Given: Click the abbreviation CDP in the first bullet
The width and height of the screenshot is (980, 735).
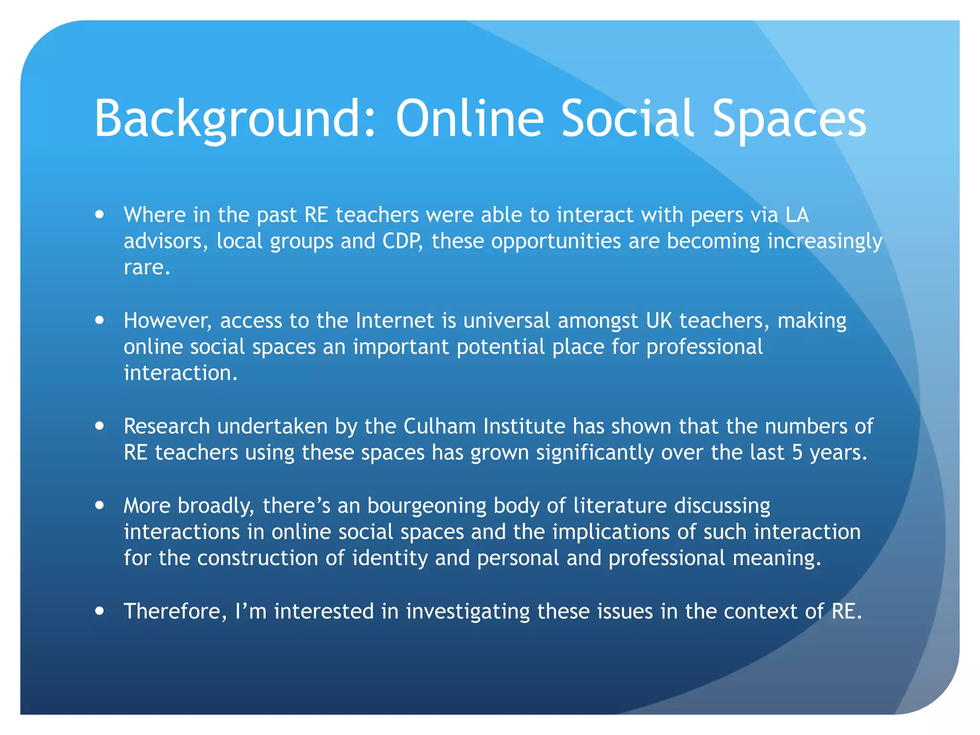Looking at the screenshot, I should pos(402,241).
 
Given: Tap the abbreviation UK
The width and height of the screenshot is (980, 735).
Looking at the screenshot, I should pos(659,321).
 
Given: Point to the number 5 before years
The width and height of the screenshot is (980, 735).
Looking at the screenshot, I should pos(797,453).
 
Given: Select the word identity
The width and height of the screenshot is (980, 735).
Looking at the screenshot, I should pos(390,558).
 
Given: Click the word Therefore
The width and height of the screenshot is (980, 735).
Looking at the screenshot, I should pos(175,612).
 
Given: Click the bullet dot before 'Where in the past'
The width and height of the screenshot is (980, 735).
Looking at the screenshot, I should pos(100,215).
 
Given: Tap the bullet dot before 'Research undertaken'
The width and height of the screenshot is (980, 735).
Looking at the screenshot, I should pos(100,426).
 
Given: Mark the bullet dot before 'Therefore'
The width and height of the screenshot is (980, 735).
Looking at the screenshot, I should pos(100,611).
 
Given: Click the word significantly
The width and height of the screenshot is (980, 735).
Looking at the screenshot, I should pos(594,453).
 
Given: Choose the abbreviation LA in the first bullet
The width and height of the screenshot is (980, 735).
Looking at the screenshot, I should pos(797,215).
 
